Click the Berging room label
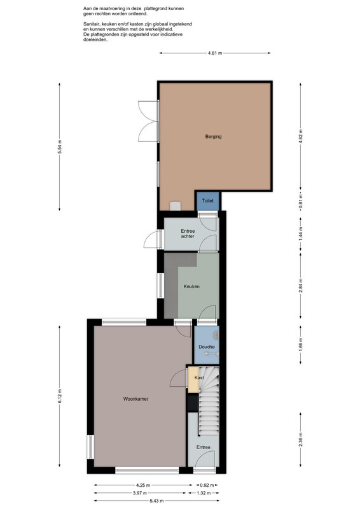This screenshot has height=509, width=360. pos(213,137)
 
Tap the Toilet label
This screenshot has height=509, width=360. pos(208,201)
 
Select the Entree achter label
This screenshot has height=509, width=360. pos(188,234)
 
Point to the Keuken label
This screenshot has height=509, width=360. pos(191,287)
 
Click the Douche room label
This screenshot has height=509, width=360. pos(207,347)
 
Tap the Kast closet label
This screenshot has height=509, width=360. pos(199,377)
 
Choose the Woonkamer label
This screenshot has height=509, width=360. pos(135,399)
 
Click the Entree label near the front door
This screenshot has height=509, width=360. pos(203,447)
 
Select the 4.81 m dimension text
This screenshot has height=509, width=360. pos(215,53)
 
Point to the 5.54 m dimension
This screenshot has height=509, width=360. pos(60,147)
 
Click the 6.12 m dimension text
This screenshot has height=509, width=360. pos(60,396)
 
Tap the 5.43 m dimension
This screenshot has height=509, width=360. pos(156,501)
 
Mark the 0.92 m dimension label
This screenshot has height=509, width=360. pos(207,485)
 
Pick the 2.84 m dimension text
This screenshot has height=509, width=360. pos(301,286)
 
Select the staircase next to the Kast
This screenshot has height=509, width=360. pos(209,401)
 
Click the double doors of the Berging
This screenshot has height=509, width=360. pos(148,121)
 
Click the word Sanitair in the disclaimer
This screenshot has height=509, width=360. pos(92,24)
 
